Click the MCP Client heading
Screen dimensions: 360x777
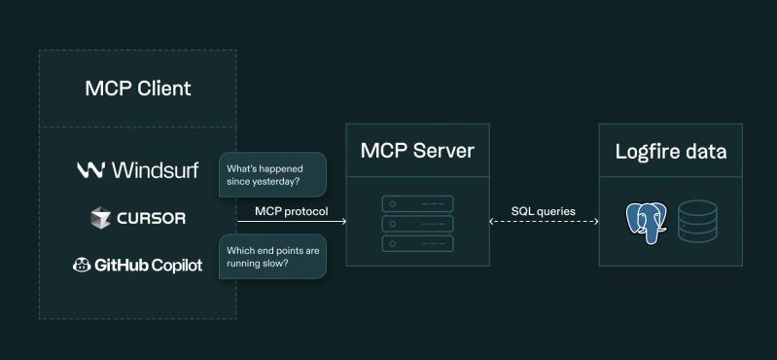click(x=137, y=89)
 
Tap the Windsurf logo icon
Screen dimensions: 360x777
click(x=90, y=170)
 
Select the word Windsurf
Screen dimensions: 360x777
click(x=155, y=170)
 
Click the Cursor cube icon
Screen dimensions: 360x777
click(x=100, y=218)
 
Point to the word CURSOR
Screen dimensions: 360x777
click(x=151, y=218)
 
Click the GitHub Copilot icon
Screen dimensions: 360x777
click(x=82, y=264)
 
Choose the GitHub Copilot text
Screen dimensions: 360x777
click(x=149, y=264)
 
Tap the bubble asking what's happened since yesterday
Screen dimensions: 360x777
click(x=271, y=174)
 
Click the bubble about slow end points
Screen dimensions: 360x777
click(x=271, y=257)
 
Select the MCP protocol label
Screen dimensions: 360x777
click(x=291, y=211)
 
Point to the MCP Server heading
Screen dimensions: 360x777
click(x=417, y=151)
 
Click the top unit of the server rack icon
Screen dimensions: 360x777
click(x=417, y=204)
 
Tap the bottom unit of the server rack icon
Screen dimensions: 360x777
click(x=417, y=241)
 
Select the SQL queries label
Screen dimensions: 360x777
click(x=543, y=210)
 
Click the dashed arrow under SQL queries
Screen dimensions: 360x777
click(x=543, y=223)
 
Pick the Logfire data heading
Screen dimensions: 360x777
click(x=671, y=152)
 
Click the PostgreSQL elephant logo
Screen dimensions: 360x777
click(x=647, y=221)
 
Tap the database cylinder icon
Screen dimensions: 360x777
click(x=696, y=221)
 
